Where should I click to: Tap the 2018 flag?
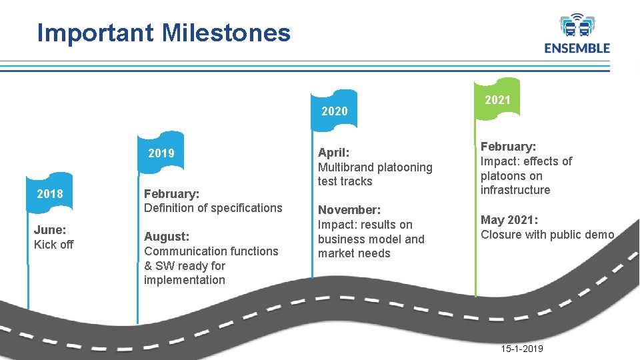point(50,194)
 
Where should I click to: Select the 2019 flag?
point(161,153)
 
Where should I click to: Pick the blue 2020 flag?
point(334,111)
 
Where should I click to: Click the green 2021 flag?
point(497,100)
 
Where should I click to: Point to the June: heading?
point(50,230)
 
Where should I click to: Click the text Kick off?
point(54,245)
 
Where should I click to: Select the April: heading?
point(334,153)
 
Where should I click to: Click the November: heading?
point(349,210)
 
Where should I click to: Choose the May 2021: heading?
point(509,220)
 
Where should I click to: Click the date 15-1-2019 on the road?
point(521,349)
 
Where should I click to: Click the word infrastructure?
point(515,190)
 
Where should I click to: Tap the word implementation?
point(185,280)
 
